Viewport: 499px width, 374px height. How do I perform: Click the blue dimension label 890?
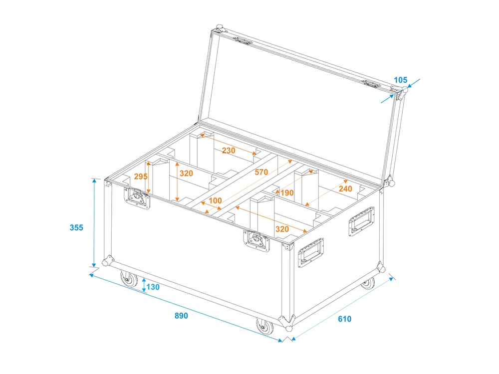(181, 316)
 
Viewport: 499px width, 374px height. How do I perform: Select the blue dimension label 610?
(345, 319)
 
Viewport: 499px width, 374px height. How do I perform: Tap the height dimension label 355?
(76, 227)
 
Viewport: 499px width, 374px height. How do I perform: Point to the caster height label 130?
(153, 287)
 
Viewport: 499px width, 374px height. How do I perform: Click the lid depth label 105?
(401, 80)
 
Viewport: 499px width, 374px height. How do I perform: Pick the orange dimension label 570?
(261, 172)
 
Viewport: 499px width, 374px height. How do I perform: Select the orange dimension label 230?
(229, 150)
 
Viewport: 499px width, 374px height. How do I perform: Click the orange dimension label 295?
(141, 176)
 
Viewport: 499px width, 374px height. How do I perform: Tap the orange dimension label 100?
(215, 200)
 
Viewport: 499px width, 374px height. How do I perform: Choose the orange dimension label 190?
(287, 192)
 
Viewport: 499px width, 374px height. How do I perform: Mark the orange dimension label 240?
(345, 188)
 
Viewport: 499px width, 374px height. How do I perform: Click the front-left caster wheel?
(129, 279)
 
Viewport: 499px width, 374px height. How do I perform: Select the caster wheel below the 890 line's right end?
(265, 326)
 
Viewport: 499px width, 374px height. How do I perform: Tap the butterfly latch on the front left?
(137, 197)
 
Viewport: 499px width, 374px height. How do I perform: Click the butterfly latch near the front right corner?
(256, 241)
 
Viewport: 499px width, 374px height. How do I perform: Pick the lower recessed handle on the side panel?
(310, 252)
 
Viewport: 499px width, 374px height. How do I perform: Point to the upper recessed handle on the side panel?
(361, 221)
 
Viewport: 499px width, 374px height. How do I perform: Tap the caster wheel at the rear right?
(369, 283)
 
